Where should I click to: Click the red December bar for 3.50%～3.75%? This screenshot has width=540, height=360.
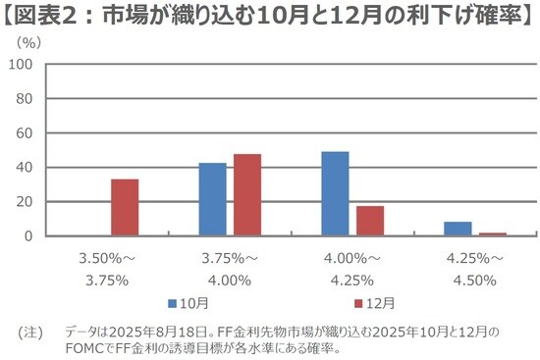click(125, 208)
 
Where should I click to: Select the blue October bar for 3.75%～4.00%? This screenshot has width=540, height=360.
click(212, 200)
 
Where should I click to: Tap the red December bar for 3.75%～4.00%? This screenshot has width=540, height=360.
click(247, 195)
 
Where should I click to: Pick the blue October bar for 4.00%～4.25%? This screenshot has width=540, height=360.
click(335, 194)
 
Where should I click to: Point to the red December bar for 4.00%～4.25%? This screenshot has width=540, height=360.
click(370, 222)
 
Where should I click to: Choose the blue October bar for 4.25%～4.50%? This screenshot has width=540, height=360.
click(458, 230)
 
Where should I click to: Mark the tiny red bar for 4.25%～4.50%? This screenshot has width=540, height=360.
click(493, 234)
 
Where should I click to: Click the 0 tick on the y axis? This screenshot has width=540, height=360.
click(30, 236)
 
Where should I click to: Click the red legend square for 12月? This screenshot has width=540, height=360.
click(358, 303)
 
